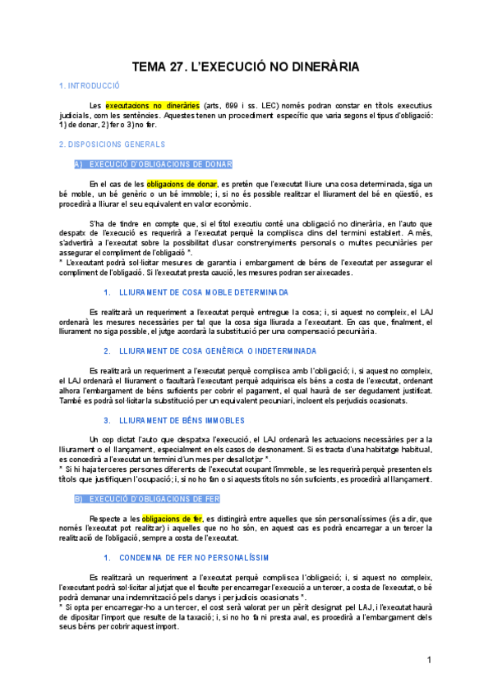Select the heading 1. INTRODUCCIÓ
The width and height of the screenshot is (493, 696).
(90, 85)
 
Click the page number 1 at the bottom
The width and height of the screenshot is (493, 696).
(429, 661)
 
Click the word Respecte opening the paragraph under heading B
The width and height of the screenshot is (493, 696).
(106, 519)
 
